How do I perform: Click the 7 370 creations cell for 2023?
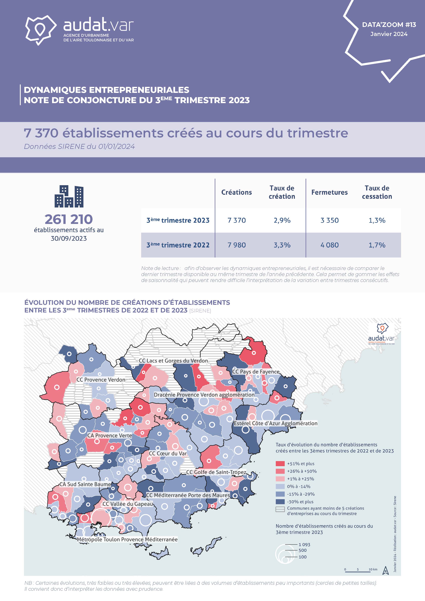[x=237, y=220]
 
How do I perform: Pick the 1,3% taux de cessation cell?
[x=377, y=220]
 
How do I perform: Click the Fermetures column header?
[x=329, y=192]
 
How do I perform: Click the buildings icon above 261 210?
[x=69, y=196]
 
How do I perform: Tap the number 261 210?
[x=69, y=219]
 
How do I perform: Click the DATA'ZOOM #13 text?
[x=389, y=25]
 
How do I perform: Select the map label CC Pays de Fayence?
[x=256, y=372]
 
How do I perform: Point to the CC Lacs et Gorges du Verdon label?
[x=173, y=361]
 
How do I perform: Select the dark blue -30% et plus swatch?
[x=280, y=501]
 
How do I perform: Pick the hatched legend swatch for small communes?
[x=280, y=509]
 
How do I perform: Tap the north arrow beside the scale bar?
[x=385, y=570]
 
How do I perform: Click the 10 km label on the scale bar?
[x=373, y=569]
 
